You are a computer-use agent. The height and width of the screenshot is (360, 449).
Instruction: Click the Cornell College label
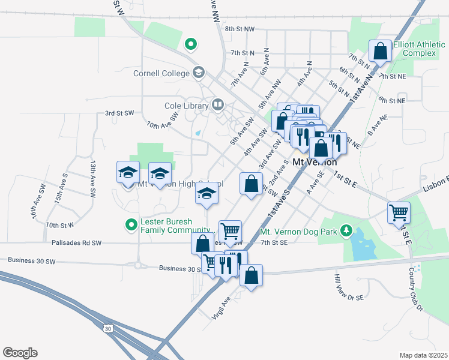tap(161, 73)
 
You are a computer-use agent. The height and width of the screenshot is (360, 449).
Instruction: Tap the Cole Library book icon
tap(217, 106)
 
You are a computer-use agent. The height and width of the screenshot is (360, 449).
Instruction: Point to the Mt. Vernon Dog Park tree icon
tap(346, 230)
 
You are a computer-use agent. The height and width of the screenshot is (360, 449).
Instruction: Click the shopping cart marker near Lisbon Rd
tap(399, 212)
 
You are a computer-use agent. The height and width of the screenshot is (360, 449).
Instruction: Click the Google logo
tap(20, 353)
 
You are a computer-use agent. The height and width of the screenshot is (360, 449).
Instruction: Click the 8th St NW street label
tap(240, 29)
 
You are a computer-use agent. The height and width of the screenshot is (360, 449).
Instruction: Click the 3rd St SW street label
tap(118, 112)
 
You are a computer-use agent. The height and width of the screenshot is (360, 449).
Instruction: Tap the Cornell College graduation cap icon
tap(198, 73)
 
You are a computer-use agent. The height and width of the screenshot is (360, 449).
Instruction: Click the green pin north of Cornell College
tap(191, 44)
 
